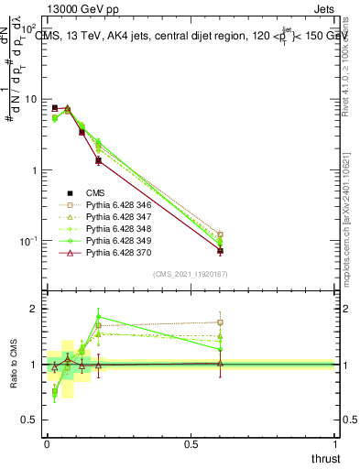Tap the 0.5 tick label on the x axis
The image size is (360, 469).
click(x=191, y=443)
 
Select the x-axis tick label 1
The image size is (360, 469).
click(x=335, y=443)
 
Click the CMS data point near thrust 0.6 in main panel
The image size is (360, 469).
click(x=221, y=250)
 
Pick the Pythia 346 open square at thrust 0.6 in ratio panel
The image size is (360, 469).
click(x=221, y=322)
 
